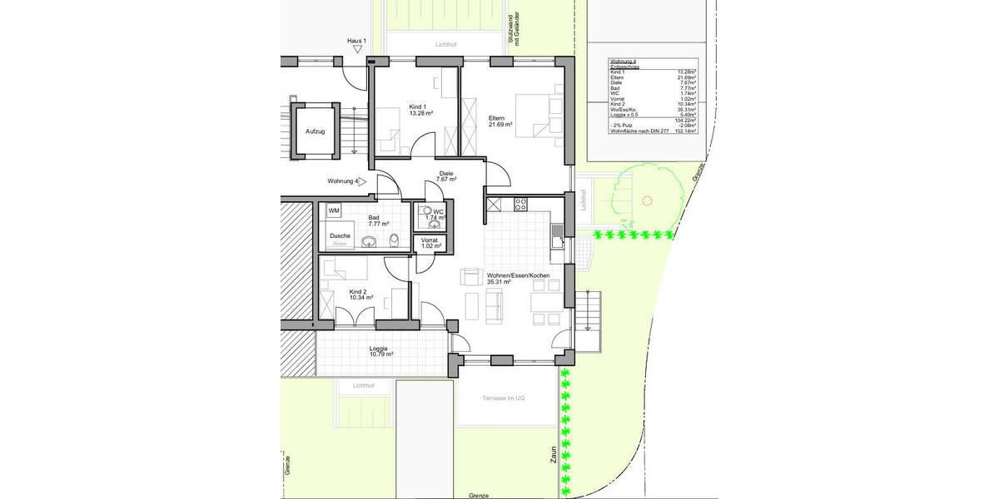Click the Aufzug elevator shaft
pyautogui.click(x=315, y=131)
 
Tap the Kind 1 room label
pyautogui.click(x=418, y=107)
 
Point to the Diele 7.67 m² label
pyautogui.click(x=446, y=176)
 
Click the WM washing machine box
pyautogui.click(x=334, y=211)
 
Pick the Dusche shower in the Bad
pyautogui.click(x=340, y=238)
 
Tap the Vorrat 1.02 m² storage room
pyautogui.click(x=429, y=243)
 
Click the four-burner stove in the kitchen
pyautogui.click(x=520, y=202)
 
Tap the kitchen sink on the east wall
pyautogui.click(x=555, y=240)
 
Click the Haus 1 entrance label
pyautogui.click(x=357, y=40)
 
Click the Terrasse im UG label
pyautogui.click(x=504, y=399)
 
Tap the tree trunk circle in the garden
pyautogui.click(x=647, y=200)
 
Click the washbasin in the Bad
pyautogui.click(x=371, y=242)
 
